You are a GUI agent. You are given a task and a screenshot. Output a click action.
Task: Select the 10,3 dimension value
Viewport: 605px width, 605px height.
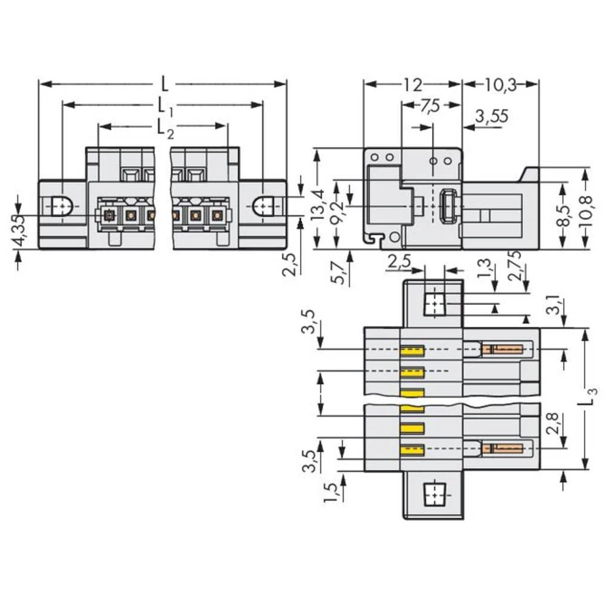500,84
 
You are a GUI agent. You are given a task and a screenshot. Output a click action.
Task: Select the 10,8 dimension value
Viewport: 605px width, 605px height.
585,208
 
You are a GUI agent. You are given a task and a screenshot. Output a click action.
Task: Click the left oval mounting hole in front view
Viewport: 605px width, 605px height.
60,207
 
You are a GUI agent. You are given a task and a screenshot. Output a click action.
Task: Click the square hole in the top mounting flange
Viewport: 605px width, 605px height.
434,302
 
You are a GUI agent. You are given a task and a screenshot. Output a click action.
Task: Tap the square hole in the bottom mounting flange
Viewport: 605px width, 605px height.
433,494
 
